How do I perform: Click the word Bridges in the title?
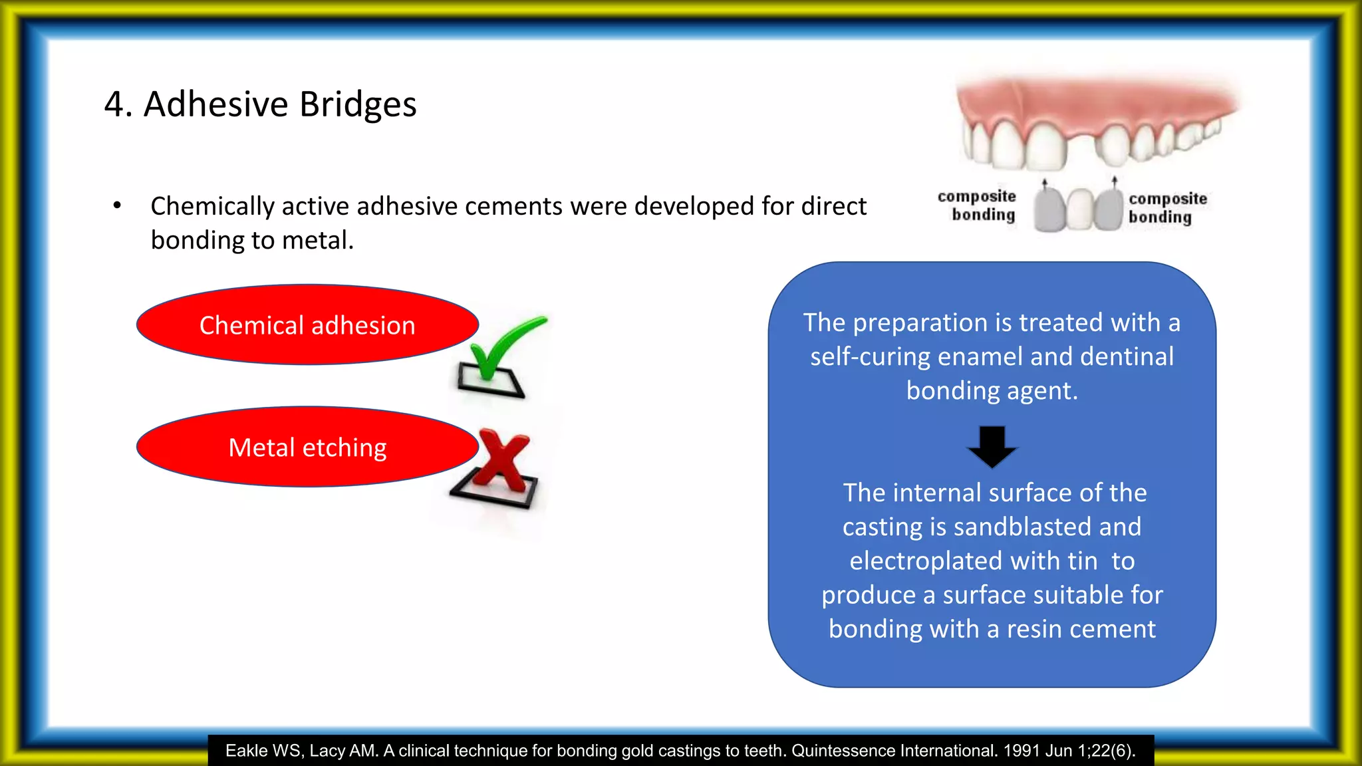357,104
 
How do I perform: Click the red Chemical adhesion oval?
307,325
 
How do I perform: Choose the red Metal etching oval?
307,447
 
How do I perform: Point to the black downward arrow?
992,446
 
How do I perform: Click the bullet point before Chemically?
117,205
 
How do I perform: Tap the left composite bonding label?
978,205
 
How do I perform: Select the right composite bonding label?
1167,207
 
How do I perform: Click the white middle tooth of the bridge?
1080,210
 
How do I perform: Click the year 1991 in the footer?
1021,751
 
